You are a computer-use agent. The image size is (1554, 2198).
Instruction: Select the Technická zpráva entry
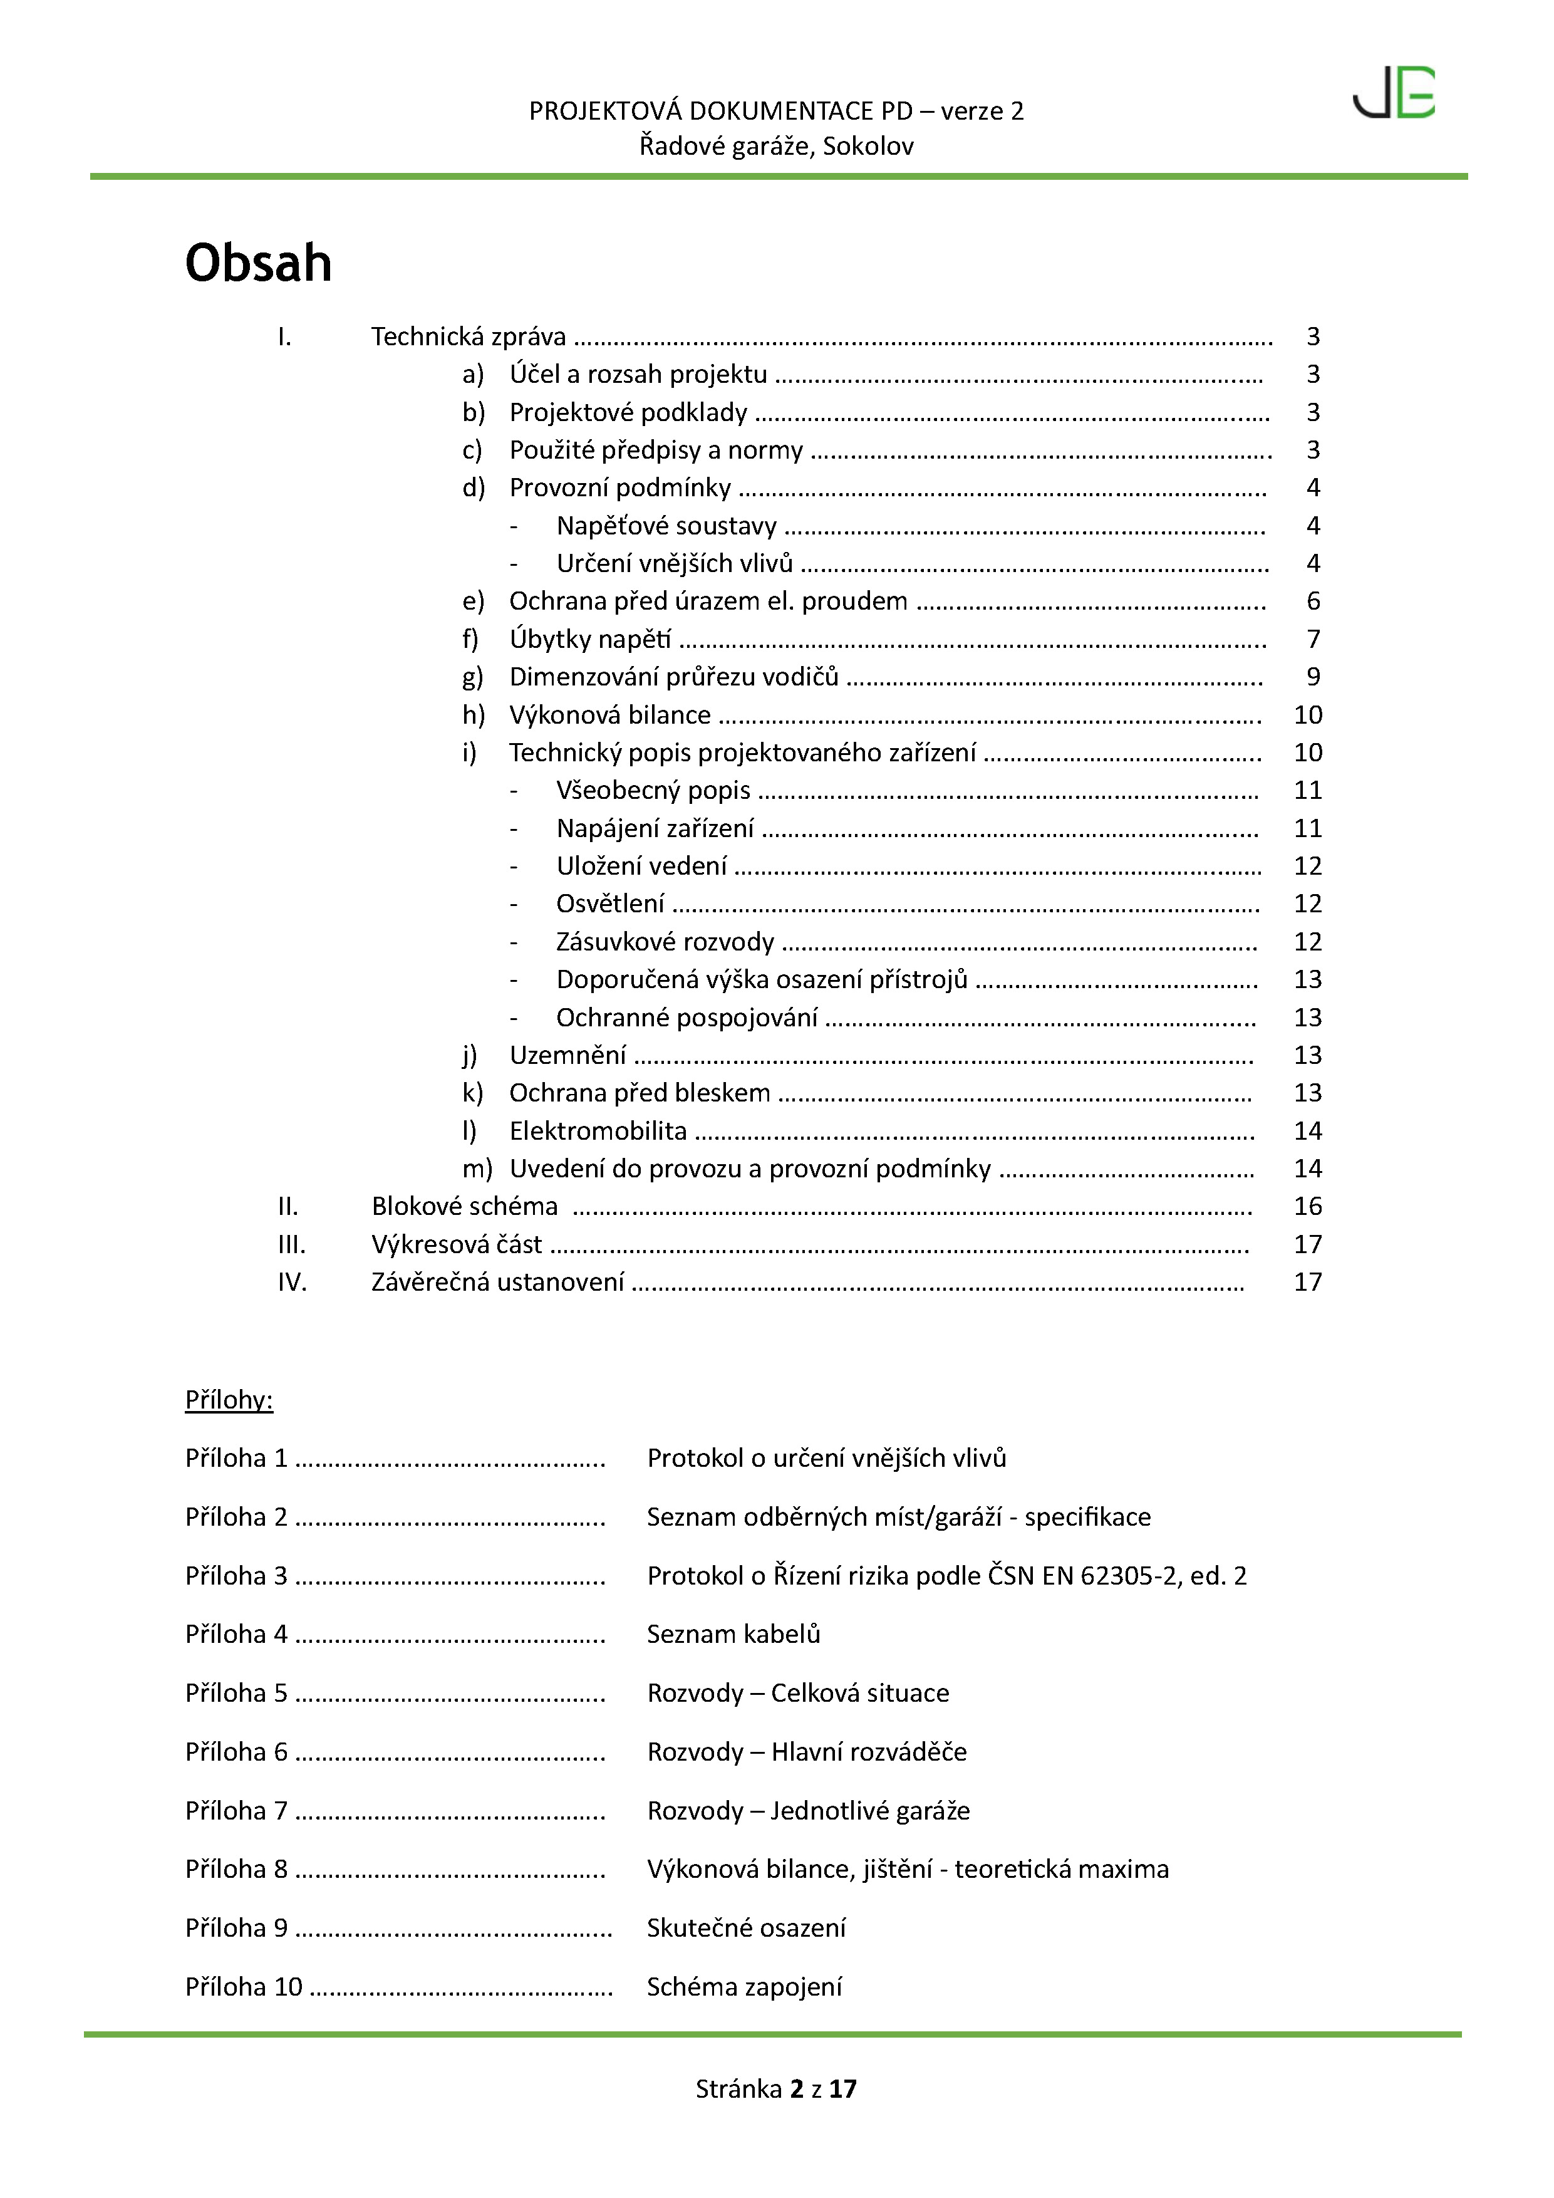pos(468,337)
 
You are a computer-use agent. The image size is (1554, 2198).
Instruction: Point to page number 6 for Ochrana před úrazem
pos(1313,602)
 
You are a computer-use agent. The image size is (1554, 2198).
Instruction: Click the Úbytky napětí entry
pos(589,640)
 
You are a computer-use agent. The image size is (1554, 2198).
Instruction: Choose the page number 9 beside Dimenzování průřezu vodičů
pos(1313,677)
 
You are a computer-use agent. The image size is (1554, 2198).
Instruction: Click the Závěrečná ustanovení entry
pos(497,1282)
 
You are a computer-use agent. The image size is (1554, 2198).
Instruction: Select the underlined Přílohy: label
pos(229,1400)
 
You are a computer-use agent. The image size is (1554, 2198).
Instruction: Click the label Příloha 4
pos(236,1634)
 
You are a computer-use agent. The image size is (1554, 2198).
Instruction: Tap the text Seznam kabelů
pos(733,1634)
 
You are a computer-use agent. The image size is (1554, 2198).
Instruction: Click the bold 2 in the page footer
pos(796,2089)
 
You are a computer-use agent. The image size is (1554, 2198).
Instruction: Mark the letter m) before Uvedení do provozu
pos(477,1169)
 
